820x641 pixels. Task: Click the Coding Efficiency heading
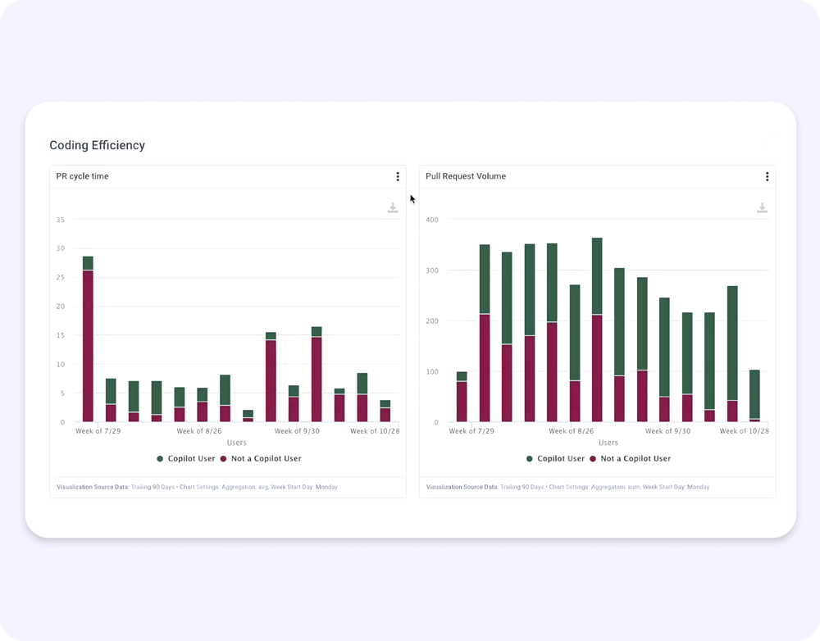click(x=97, y=145)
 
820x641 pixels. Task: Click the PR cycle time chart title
click(x=82, y=176)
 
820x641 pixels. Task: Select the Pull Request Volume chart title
click(x=465, y=176)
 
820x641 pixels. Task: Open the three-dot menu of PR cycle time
click(x=398, y=176)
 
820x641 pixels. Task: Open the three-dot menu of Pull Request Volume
click(x=767, y=176)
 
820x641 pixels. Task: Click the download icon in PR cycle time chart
click(x=393, y=208)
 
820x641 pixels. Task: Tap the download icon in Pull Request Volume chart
click(x=762, y=208)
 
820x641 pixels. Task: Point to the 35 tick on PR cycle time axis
click(x=61, y=220)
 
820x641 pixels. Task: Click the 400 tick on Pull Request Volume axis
click(x=431, y=220)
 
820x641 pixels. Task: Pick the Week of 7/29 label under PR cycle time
click(x=98, y=430)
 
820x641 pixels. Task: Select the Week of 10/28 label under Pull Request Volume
click(x=745, y=430)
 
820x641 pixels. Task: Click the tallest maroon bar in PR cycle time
click(x=88, y=344)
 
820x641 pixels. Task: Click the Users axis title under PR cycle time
click(x=236, y=443)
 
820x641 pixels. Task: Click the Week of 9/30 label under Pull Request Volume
click(x=667, y=430)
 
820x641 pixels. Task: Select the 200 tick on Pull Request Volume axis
click(x=431, y=321)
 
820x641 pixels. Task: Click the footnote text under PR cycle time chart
click(x=197, y=487)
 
